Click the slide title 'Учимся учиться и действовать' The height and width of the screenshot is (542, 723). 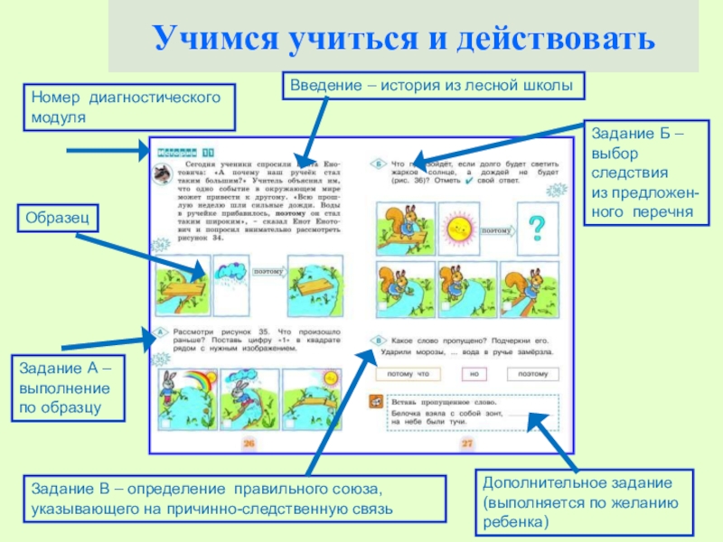pos(402,39)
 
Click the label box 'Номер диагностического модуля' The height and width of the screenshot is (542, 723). pos(127,107)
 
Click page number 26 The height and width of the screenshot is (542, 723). pos(250,443)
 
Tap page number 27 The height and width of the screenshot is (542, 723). pos(467,443)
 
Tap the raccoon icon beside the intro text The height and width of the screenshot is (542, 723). pos(163,173)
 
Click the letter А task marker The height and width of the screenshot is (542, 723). pos(160,332)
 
